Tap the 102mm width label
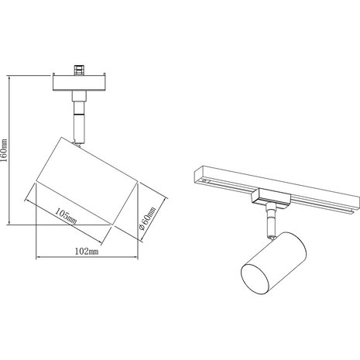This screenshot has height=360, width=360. [87, 252]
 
